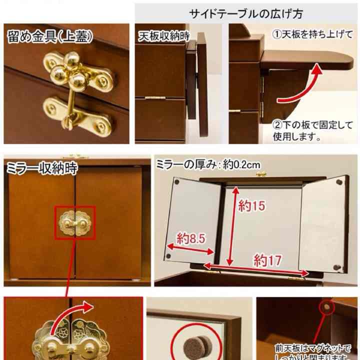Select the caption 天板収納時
(158, 35)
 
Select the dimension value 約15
(251, 205)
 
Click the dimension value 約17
(267, 259)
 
